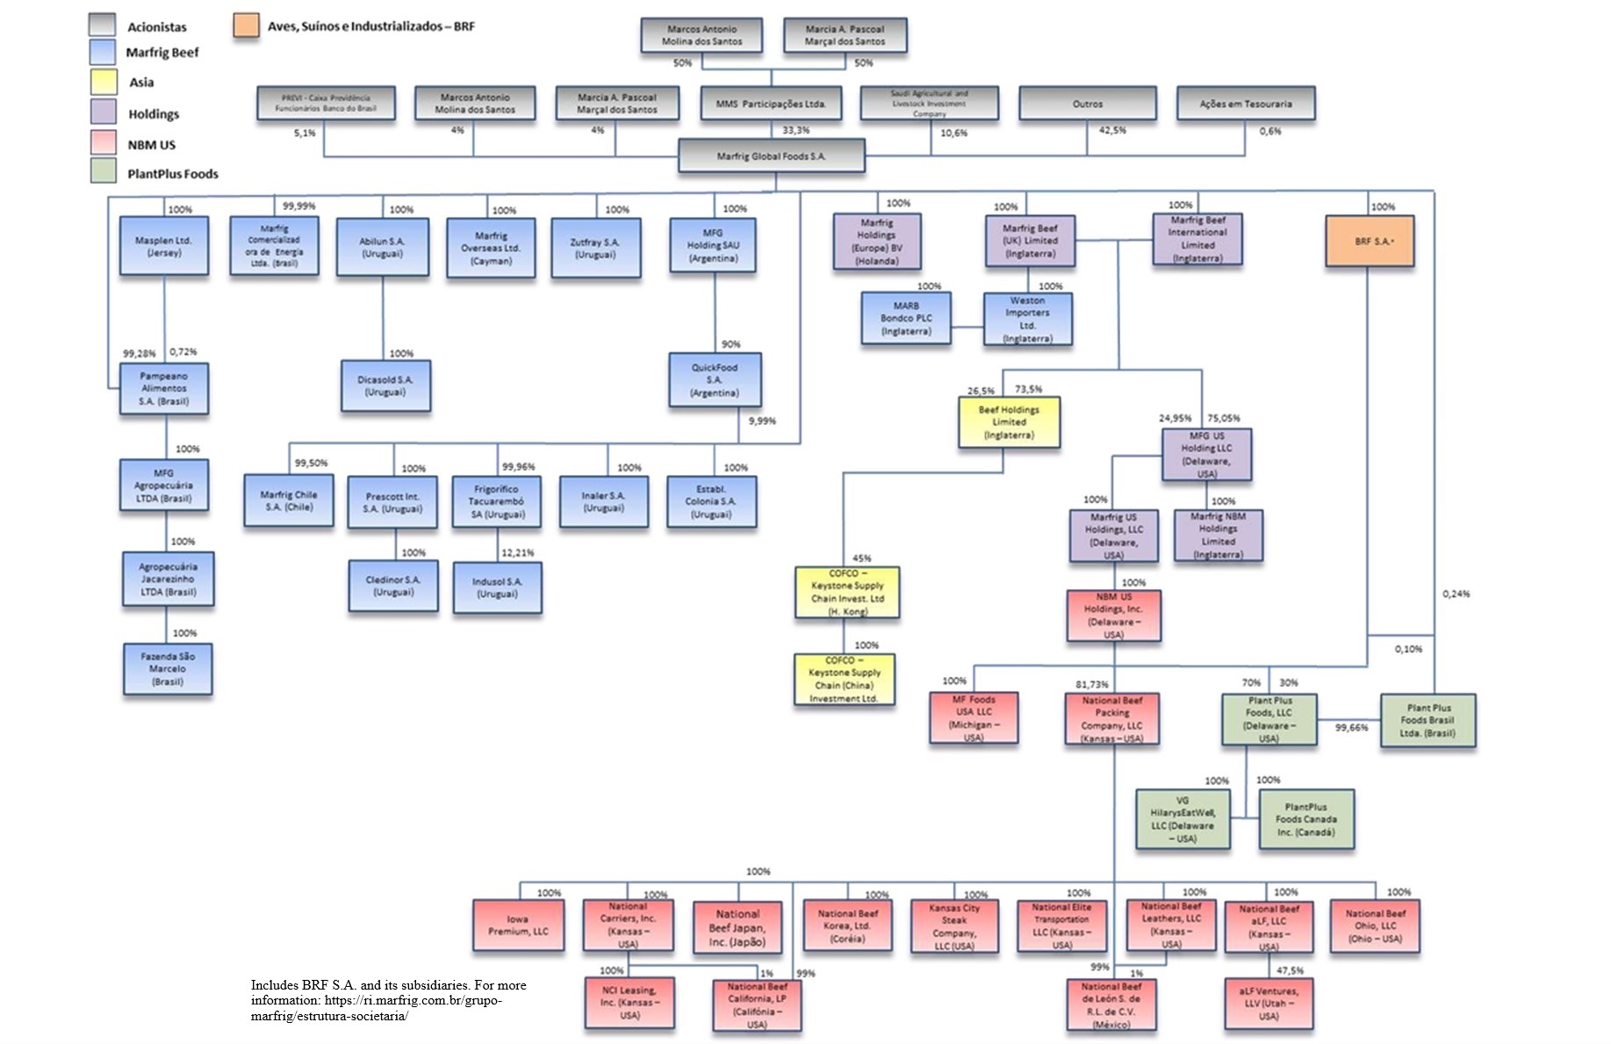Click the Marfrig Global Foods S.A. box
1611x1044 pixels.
coord(771,155)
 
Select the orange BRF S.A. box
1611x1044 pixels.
coord(1370,241)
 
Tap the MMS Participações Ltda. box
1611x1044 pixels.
coord(771,104)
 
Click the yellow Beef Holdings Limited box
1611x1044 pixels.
coord(1009,422)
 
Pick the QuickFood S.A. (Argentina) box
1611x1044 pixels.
coord(714,380)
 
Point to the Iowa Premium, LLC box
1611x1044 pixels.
coord(518,925)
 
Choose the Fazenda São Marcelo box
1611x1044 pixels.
coord(168,669)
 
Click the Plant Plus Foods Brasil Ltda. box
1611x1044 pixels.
coord(1428,720)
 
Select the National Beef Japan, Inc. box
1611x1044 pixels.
coord(737,928)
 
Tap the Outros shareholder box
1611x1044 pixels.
coord(1087,104)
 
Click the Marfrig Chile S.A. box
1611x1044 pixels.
coord(289,500)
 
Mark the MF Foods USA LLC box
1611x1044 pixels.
coord(974,718)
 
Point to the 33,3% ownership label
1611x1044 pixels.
coord(795,131)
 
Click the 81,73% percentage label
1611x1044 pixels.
coord(1091,684)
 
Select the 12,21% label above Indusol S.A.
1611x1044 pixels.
coord(517,553)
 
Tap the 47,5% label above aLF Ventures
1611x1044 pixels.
coord(1290,971)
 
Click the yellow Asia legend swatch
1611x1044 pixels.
coord(103,82)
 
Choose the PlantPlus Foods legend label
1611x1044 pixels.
coord(172,174)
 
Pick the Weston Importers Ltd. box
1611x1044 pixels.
coord(1027,319)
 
